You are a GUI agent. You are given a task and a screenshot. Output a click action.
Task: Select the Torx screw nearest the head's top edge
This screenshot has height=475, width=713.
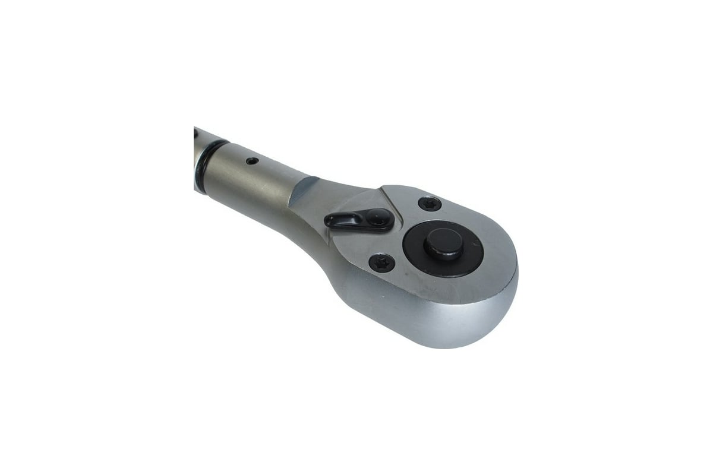pyautogui.click(x=429, y=204)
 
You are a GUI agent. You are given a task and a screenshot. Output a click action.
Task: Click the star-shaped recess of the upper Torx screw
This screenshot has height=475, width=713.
pyautogui.click(x=429, y=204)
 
